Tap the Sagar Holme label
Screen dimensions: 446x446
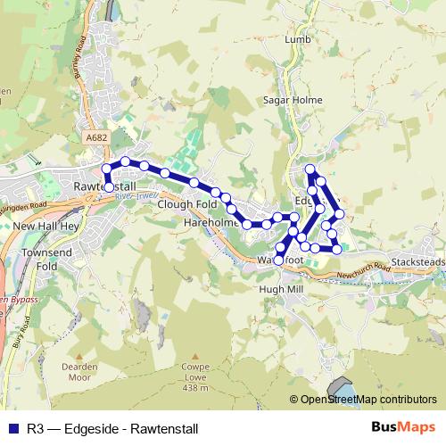click(285, 101)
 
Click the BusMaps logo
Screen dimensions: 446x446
click(409, 427)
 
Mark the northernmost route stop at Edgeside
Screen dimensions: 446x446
click(310, 169)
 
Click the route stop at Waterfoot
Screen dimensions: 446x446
click(278, 260)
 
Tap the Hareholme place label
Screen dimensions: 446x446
click(211, 221)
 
